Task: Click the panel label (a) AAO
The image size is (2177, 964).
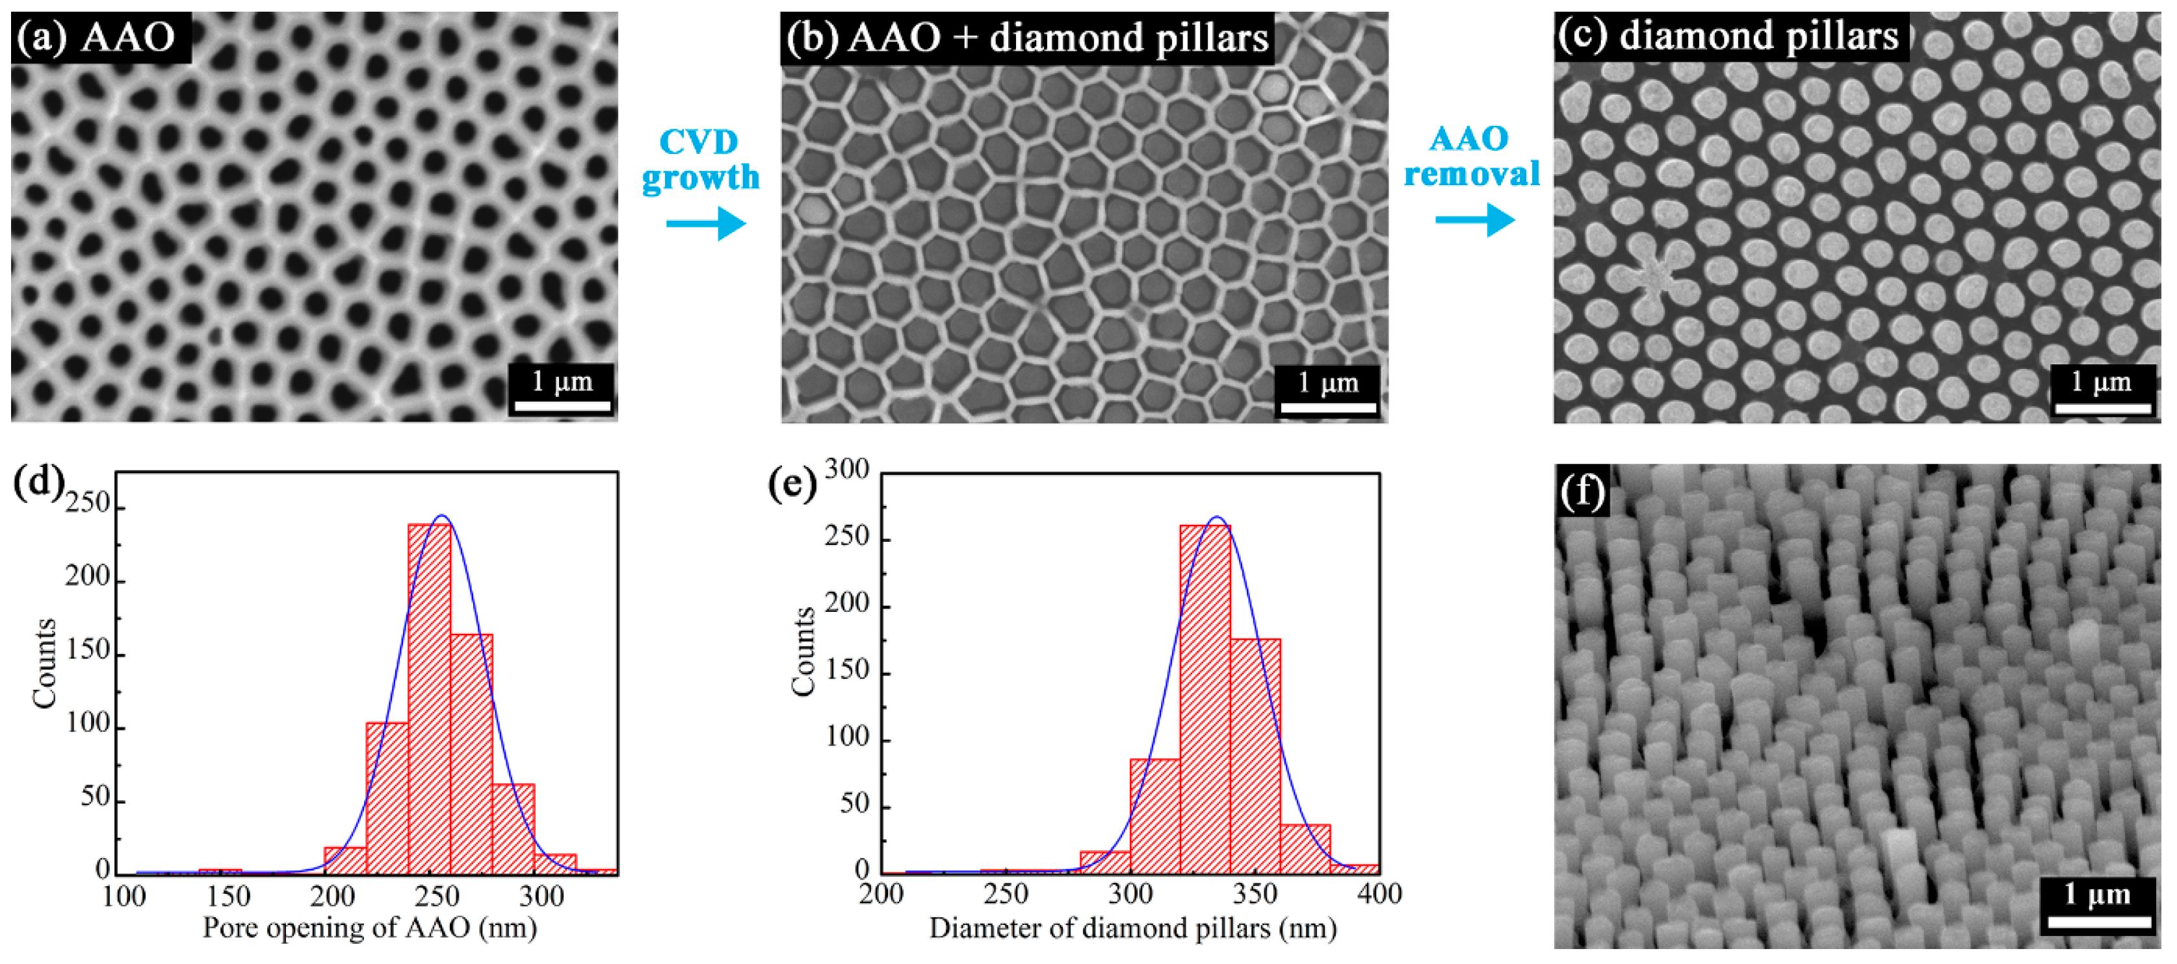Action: [99, 37]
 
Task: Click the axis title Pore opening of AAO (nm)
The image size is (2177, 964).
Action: [369, 928]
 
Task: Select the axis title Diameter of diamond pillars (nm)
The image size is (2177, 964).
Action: [1132, 928]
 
